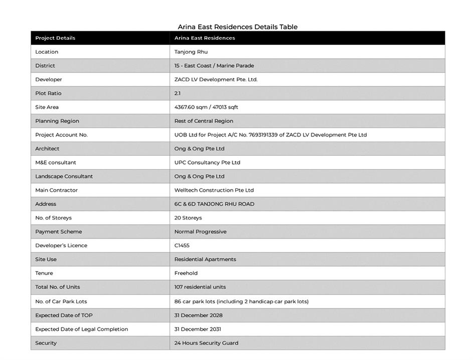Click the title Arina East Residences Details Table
pos(237,27)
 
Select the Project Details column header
pos(55,38)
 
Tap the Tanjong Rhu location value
pos(191,52)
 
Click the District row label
pos(45,66)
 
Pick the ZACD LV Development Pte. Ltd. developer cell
pos(216,79)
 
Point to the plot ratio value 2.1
pos(178,93)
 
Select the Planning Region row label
pos(57,121)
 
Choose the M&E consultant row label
pos(56,163)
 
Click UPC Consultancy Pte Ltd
pos(207,163)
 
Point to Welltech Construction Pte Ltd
pos(214,190)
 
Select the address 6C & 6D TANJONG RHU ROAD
pos(214,204)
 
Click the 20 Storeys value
pos(188,218)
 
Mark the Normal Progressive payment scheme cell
pos(200,231)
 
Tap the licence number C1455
pos(182,246)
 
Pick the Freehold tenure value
pos(186,273)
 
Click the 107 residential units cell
pos(200,287)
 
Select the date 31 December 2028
pos(199,315)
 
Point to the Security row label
pos(46,343)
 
